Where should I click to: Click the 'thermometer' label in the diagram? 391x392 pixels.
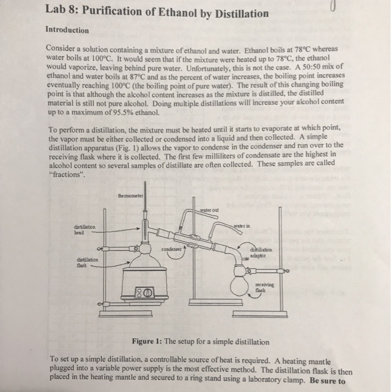tap(131, 196)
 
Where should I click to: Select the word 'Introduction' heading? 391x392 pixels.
tap(66, 30)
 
